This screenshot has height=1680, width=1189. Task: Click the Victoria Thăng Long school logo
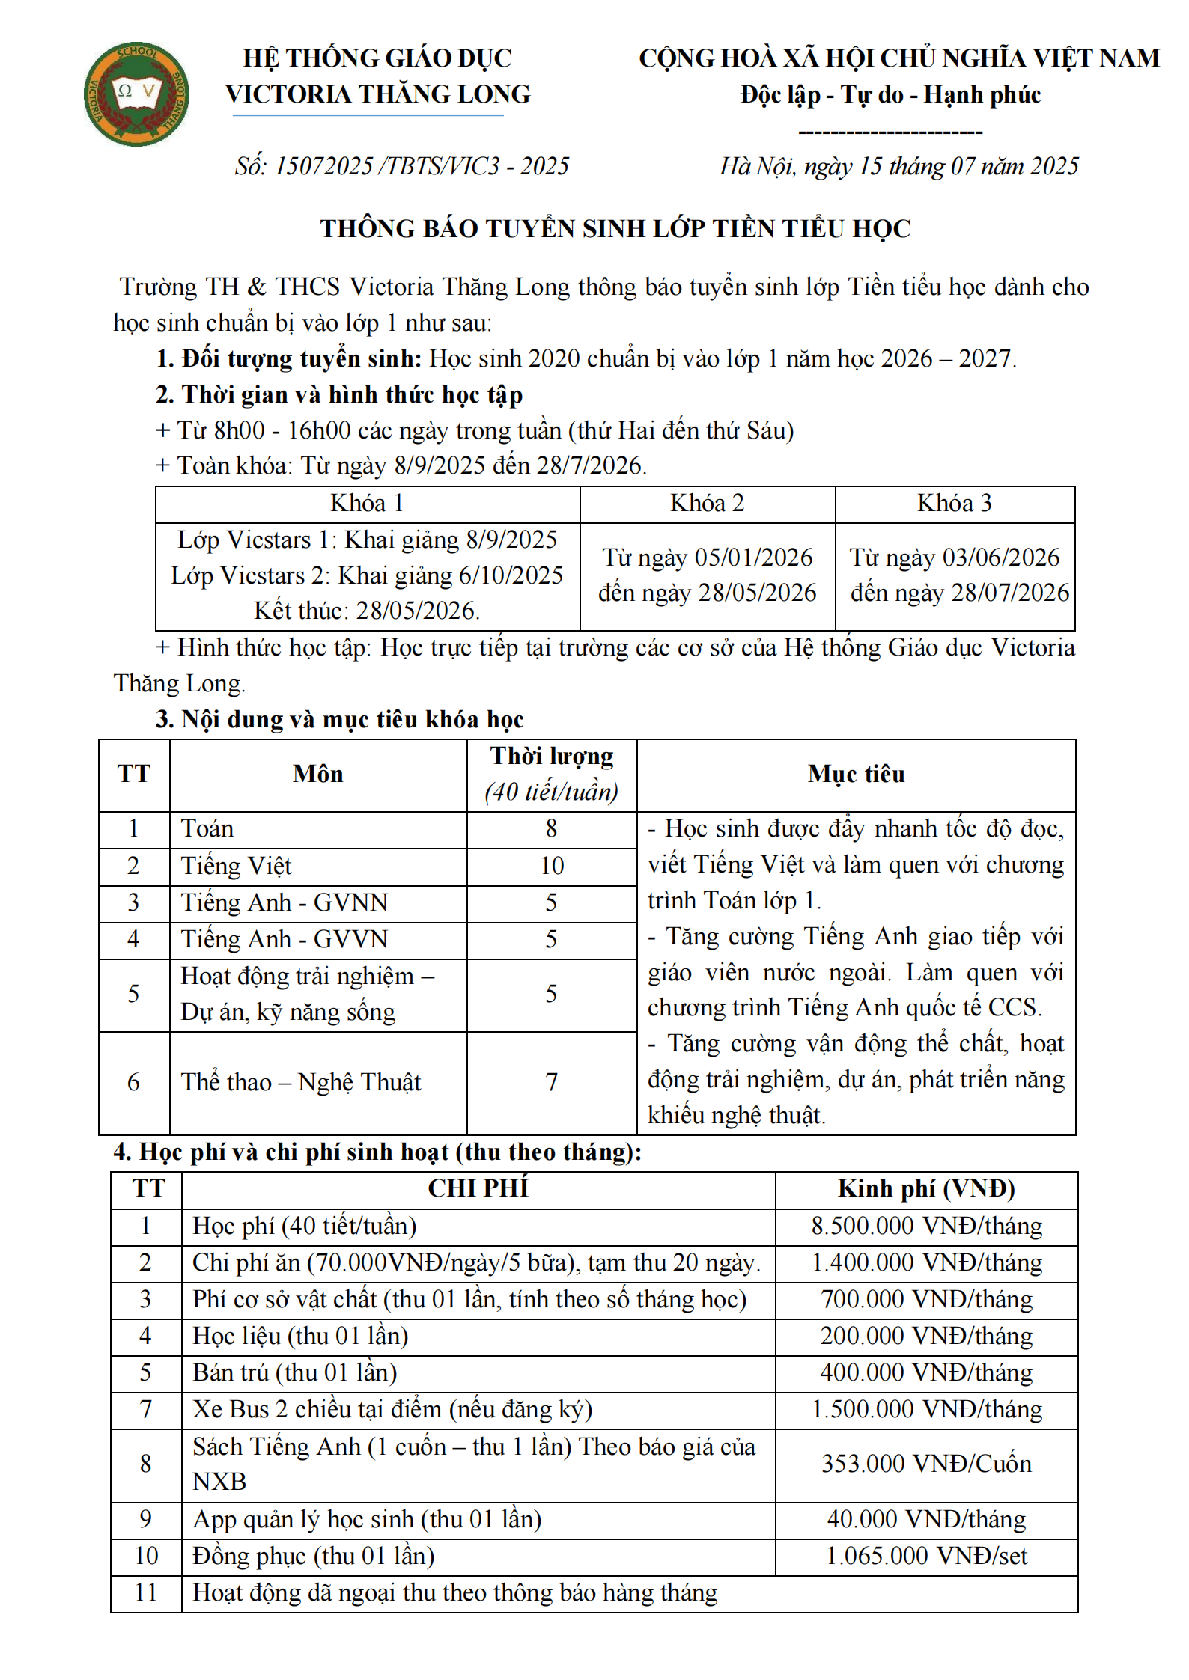point(136,94)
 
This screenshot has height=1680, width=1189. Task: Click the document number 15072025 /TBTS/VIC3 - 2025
point(402,165)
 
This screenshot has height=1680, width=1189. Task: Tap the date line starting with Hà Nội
point(898,165)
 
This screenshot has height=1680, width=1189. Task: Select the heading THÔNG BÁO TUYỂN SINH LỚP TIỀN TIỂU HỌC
point(615,228)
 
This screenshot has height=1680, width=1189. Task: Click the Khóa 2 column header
point(707,503)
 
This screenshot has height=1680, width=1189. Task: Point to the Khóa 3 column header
point(954,503)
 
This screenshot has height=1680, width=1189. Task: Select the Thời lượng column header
point(552,757)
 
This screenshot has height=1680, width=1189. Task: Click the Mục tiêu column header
point(856,774)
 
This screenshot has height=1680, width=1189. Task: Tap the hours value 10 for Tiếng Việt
point(552,866)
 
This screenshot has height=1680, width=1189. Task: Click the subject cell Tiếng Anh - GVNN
point(285,902)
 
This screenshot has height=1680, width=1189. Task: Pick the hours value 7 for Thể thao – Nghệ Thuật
point(552,1082)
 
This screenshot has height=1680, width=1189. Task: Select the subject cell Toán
point(207,829)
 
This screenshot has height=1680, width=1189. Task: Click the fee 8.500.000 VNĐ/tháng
point(926,1226)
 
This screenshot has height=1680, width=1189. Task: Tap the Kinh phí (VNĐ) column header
point(926,1189)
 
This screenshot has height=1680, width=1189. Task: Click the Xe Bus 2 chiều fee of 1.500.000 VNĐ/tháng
point(926,1409)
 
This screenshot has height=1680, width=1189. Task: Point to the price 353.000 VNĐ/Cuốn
point(926,1464)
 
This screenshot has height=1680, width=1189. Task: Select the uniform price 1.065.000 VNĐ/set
point(926,1556)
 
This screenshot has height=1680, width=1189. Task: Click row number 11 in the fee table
point(146,1592)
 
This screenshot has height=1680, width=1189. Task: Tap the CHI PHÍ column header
point(478,1189)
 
